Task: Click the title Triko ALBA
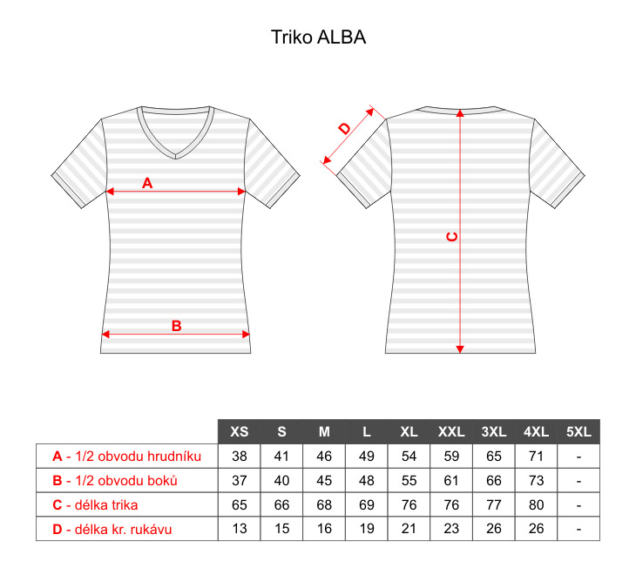(318, 37)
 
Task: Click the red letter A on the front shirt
(147, 183)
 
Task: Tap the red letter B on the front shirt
(177, 326)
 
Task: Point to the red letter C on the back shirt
(452, 237)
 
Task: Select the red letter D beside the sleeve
(345, 129)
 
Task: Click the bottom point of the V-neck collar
(176, 159)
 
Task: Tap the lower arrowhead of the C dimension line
(460, 349)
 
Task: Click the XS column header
(240, 431)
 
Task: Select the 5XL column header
(578, 431)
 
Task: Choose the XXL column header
(451, 431)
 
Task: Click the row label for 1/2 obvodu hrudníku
(127, 457)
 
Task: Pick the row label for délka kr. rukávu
(112, 529)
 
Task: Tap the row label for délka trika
(95, 504)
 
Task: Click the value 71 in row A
(536, 457)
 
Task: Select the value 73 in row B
(536, 481)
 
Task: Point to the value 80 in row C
(536, 504)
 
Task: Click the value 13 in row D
(240, 529)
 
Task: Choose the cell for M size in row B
(324, 481)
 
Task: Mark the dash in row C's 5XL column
(578, 505)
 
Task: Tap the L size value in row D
(367, 529)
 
